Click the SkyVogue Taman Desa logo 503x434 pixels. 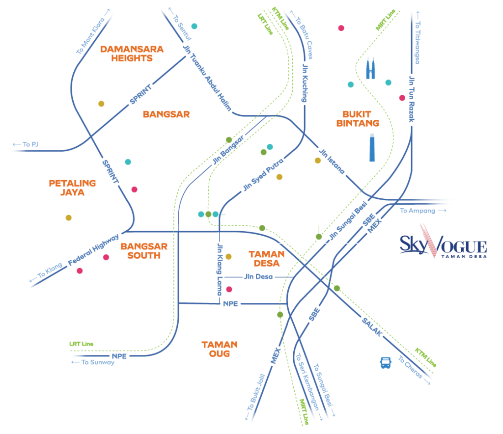point(442,243)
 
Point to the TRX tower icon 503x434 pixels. point(372,147)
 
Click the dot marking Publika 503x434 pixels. point(195,26)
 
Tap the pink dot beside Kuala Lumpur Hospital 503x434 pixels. point(341,28)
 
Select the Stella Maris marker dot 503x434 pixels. point(101,104)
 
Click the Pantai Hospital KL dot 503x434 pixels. point(134,190)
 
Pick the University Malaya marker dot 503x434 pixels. point(69,217)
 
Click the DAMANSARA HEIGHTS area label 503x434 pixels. point(131,54)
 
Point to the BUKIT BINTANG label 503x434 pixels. point(358,118)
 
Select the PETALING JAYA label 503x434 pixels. point(72,188)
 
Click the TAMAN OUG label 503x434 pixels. point(219,349)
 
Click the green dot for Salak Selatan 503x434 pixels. point(337,288)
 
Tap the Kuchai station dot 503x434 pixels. point(280,315)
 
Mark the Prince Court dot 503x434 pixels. point(402,98)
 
